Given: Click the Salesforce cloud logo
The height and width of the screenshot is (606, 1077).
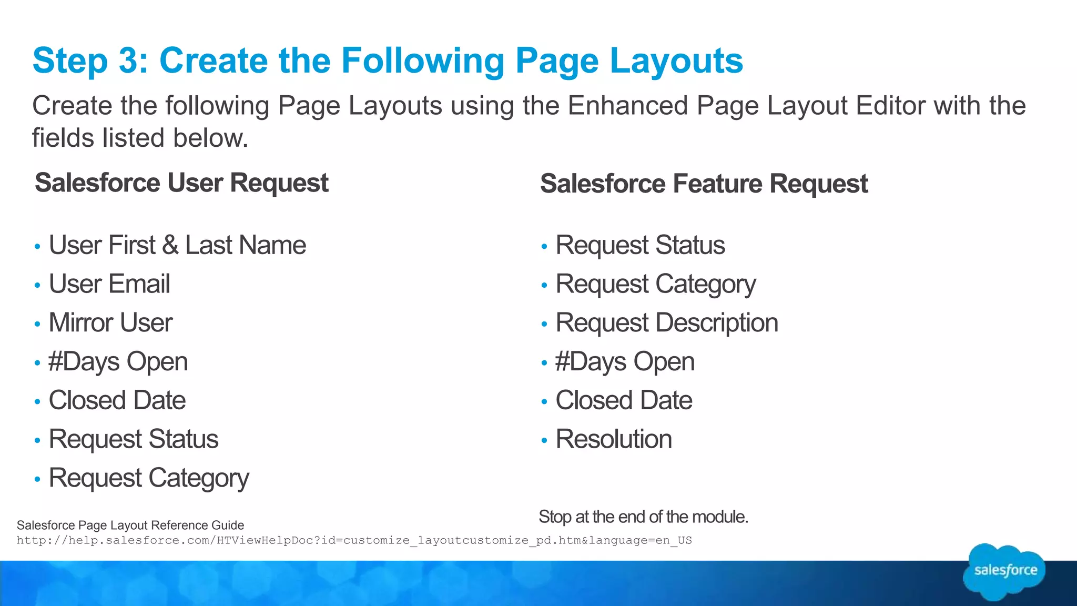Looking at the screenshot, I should (x=1004, y=571).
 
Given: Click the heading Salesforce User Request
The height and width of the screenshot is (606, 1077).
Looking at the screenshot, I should (x=181, y=183).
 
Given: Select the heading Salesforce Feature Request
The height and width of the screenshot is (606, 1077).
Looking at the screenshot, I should (x=704, y=184).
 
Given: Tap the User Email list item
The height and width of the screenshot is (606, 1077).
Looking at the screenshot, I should (x=109, y=284).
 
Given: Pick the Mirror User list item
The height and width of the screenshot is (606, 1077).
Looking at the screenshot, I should (x=110, y=323).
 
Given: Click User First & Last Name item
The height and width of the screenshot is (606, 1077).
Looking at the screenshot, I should (x=177, y=245).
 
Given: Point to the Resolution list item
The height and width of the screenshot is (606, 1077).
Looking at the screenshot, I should (x=614, y=439).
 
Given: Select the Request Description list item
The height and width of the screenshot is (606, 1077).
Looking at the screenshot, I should (x=667, y=323).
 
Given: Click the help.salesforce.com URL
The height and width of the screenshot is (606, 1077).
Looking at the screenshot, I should (x=354, y=540).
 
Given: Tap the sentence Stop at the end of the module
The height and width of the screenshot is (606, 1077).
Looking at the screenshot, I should (x=643, y=517).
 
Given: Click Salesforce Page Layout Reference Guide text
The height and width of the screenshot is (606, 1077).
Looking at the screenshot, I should (x=130, y=525).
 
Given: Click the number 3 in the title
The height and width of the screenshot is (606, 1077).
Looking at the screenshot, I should (x=129, y=61).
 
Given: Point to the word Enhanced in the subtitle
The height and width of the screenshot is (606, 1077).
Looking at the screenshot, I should (x=627, y=106).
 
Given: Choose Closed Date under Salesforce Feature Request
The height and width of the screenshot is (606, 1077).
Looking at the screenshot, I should (x=624, y=400).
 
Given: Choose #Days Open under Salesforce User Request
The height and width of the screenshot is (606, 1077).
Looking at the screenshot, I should (x=118, y=362).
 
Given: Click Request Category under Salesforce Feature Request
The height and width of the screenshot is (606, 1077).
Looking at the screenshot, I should (x=656, y=285).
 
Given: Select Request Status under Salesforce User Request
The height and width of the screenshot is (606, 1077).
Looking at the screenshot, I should (x=134, y=439).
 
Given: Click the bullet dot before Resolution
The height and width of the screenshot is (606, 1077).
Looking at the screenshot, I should (x=544, y=440).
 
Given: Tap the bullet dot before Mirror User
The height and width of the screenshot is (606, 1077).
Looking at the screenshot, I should (x=37, y=324).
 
